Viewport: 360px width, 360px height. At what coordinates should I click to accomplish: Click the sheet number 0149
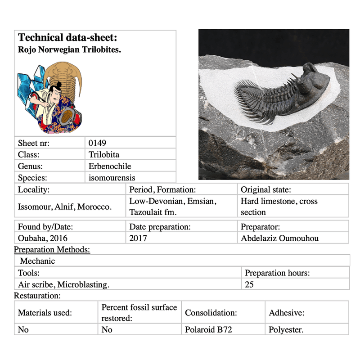(97, 143)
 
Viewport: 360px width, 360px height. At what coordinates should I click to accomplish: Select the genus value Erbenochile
(110, 166)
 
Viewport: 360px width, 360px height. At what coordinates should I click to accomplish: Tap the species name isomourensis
(112, 178)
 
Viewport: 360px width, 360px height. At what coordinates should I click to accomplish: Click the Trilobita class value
(104, 155)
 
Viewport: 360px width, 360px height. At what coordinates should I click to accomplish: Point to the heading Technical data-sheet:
(67, 37)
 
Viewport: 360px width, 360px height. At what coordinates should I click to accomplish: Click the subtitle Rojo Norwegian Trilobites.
(69, 49)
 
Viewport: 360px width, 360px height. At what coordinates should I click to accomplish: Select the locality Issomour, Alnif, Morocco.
(64, 207)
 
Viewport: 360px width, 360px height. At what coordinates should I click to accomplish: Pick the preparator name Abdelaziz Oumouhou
(279, 238)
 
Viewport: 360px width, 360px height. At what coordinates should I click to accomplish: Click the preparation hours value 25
(249, 284)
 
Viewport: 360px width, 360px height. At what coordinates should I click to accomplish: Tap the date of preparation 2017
(138, 238)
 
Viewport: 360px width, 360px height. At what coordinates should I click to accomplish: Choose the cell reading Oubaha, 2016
(43, 238)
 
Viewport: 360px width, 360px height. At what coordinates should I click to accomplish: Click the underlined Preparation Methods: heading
(52, 249)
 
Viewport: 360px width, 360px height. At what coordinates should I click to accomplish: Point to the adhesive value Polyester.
(286, 330)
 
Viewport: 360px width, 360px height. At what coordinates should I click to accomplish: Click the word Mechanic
(37, 261)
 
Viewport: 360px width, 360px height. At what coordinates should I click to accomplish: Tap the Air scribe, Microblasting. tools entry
(63, 284)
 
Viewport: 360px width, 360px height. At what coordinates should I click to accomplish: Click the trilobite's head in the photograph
(314, 78)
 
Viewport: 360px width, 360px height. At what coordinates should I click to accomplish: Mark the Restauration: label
(37, 296)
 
